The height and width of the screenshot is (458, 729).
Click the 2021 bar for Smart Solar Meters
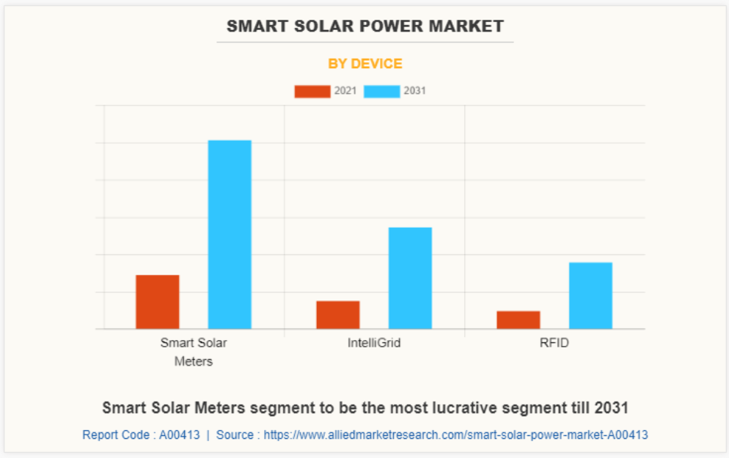pyautogui.click(x=158, y=302)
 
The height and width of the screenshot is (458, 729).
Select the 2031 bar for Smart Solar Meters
pyautogui.click(x=230, y=234)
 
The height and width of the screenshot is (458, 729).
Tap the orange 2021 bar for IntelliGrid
pyautogui.click(x=338, y=315)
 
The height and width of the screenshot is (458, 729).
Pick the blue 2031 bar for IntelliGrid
pyautogui.click(x=410, y=278)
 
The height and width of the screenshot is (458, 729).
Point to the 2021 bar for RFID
pyautogui.click(x=519, y=320)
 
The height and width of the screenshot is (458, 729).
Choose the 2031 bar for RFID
pyautogui.click(x=590, y=296)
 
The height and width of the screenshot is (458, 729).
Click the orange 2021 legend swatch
pyautogui.click(x=312, y=92)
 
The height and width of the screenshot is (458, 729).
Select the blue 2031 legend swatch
pyautogui.click(x=381, y=92)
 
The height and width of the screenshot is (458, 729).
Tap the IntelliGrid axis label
pyautogui.click(x=374, y=343)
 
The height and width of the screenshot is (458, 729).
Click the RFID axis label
pyautogui.click(x=554, y=343)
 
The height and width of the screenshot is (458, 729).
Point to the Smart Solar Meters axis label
pyautogui.click(x=194, y=352)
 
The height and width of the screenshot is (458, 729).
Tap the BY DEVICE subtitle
pyautogui.click(x=364, y=64)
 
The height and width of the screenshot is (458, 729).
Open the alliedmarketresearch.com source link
pyautogui.click(x=455, y=435)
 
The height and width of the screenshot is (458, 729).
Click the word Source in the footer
pyautogui.click(x=235, y=435)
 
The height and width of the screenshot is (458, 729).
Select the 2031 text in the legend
pyautogui.click(x=414, y=92)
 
